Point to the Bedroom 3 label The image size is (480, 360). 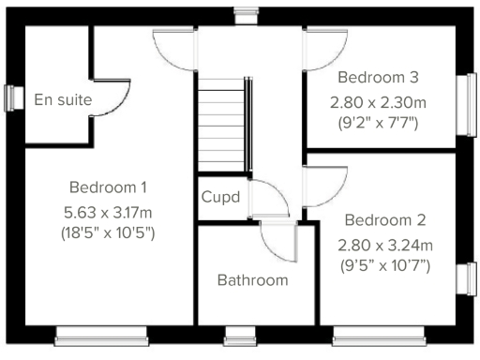(x=378, y=77)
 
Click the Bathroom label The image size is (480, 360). (x=252, y=279)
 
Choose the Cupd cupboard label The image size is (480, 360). (x=221, y=198)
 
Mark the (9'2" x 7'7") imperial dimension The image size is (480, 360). (x=379, y=121)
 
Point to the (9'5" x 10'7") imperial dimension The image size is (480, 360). (x=385, y=265)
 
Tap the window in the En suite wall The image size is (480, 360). (x=12, y=98)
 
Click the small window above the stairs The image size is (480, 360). (x=246, y=13)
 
